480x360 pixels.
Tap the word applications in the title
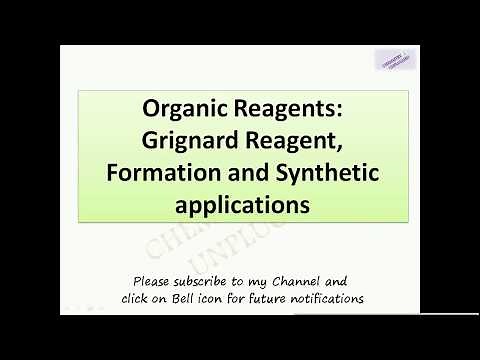pyautogui.click(x=243, y=205)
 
